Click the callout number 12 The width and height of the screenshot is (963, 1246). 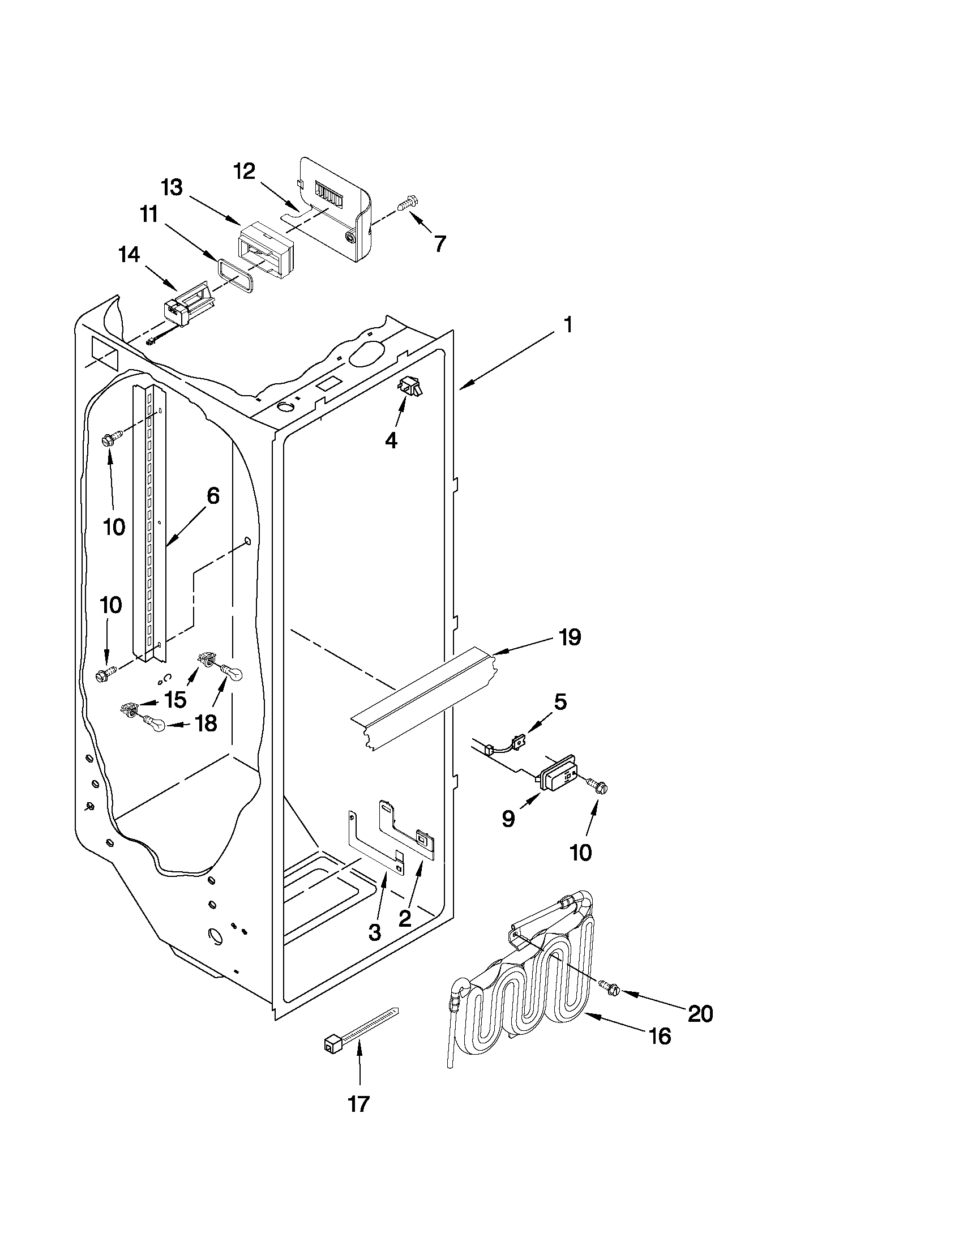244,170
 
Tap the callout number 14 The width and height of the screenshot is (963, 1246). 129,255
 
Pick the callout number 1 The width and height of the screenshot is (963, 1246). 567,326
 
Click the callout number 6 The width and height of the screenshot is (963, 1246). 212,496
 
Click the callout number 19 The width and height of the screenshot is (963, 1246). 570,637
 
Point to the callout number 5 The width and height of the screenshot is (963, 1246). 560,703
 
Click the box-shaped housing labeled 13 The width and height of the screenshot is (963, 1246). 264,251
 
